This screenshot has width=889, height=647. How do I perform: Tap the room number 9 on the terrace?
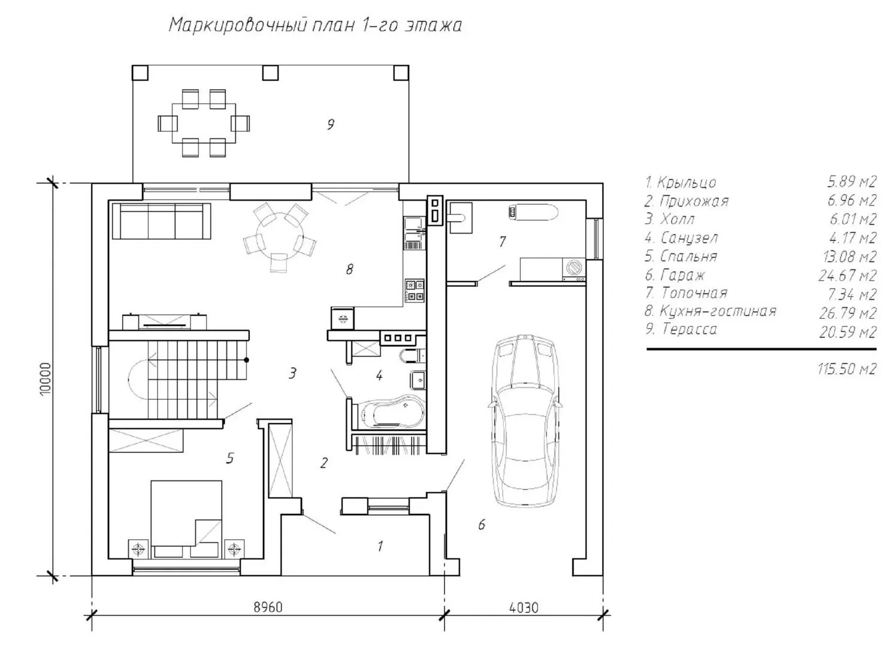pos(331,125)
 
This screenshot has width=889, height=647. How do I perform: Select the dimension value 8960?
pos(268,607)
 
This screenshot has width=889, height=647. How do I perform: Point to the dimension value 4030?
pos(524,607)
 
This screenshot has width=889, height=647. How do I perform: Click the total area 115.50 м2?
pos(846,369)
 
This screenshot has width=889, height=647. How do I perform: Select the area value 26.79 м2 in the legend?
pos(847,313)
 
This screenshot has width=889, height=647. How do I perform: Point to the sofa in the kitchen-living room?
pos(161,220)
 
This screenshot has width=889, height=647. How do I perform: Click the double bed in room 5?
pos(186,519)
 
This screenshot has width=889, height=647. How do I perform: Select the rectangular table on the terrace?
pos(204,123)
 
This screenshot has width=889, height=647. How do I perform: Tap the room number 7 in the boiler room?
pos(503,241)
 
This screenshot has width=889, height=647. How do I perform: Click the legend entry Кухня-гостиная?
pos(710,311)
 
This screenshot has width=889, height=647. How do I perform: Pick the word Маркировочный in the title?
pos(238,25)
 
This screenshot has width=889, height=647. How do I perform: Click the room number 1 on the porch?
pos(380,546)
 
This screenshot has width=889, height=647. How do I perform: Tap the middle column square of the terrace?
pos(270,73)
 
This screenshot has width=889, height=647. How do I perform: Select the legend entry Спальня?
pos(681,256)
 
